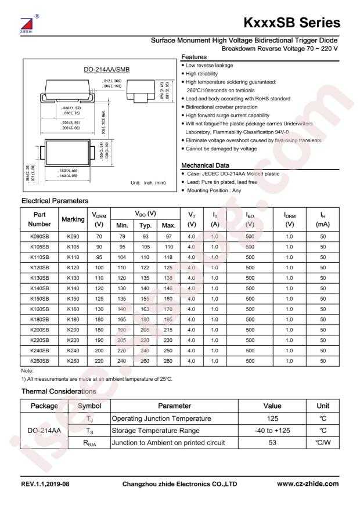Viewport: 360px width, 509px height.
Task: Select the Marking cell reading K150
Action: [x=74, y=298]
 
